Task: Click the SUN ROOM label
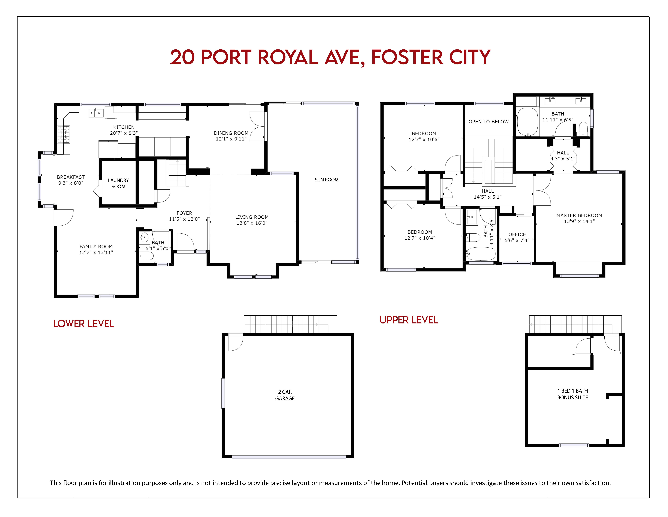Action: pyautogui.click(x=327, y=180)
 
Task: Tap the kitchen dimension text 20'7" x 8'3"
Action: pyautogui.click(x=124, y=133)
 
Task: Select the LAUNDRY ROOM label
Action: pyautogui.click(x=118, y=183)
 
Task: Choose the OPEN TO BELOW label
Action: pyautogui.click(x=488, y=122)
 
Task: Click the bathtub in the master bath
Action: pyautogui.click(x=527, y=122)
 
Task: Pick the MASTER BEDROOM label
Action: pyautogui.click(x=579, y=215)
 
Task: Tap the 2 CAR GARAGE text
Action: pyautogui.click(x=285, y=395)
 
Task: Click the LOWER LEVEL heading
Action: pyautogui.click(x=83, y=324)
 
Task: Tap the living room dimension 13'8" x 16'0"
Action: pyautogui.click(x=252, y=223)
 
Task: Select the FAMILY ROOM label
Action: pyautogui.click(x=96, y=247)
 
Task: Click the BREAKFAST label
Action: pyautogui.click(x=71, y=177)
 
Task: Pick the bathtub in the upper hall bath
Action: pyautogui.click(x=481, y=254)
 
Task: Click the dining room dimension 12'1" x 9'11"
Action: pyautogui.click(x=231, y=139)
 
